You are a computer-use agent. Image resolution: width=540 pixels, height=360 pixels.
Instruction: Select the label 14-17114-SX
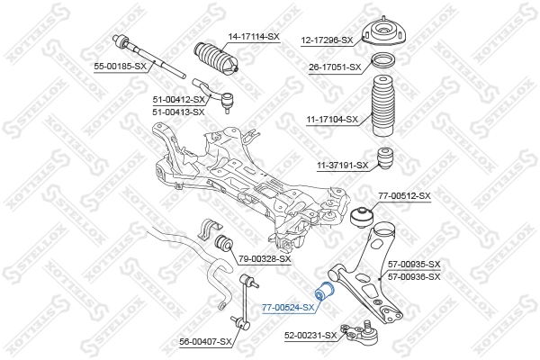tap(254, 36)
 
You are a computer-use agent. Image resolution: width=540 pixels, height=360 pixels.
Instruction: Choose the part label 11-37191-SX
tap(342, 165)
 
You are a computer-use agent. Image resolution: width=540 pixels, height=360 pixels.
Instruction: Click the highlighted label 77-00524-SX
tap(288, 307)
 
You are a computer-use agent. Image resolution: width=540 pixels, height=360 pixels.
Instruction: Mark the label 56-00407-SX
tap(206, 341)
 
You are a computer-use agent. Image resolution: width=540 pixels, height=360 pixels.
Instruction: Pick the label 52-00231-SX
tap(310, 335)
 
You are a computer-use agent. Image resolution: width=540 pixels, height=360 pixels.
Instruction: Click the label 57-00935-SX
tap(414, 265)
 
